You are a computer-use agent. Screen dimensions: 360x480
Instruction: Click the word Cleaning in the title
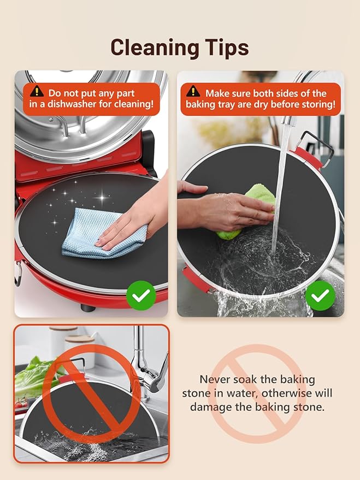[155, 48]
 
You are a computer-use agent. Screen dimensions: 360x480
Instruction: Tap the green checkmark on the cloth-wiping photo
[141, 295]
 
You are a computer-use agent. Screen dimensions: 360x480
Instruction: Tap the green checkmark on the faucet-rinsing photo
[320, 295]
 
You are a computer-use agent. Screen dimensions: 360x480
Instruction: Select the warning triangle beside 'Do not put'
[37, 91]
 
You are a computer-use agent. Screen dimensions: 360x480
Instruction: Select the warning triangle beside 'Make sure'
[193, 91]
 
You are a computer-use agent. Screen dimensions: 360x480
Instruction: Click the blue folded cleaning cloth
[101, 233]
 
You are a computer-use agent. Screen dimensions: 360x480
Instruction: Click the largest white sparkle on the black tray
[102, 198]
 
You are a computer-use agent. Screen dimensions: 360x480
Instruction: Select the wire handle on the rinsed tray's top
[318, 146]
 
